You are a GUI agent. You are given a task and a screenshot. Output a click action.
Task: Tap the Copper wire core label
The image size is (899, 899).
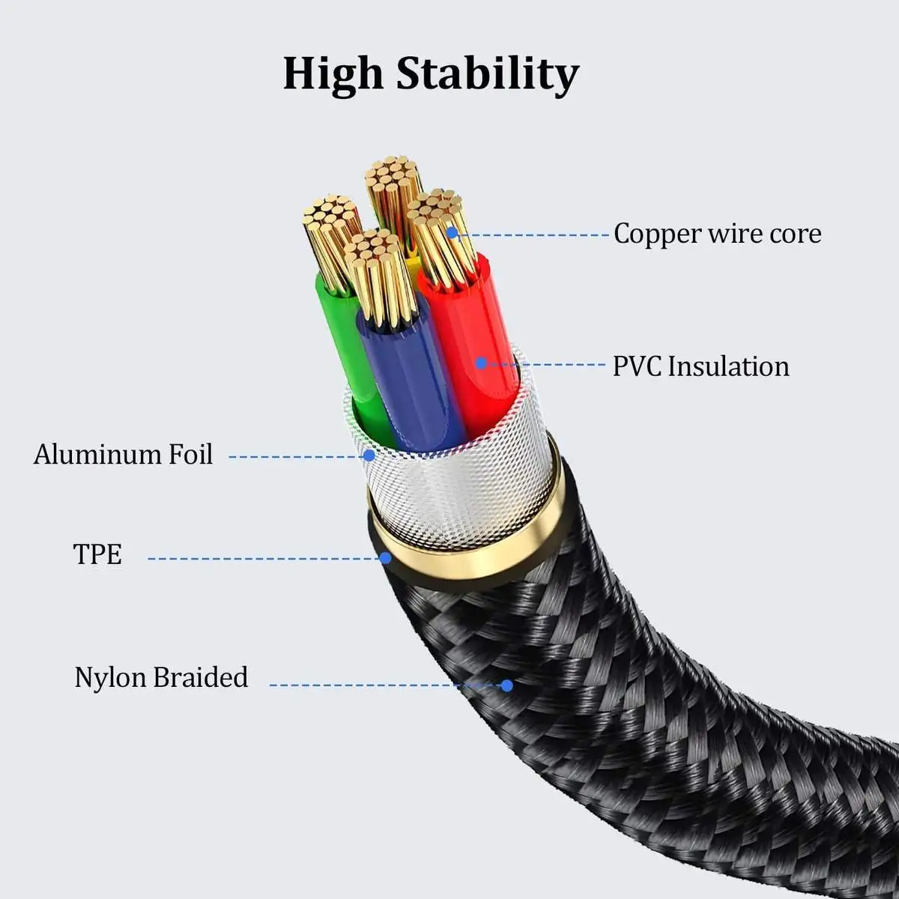[717, 234]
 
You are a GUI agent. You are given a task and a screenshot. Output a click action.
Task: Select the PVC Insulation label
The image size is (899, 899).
[700, 366]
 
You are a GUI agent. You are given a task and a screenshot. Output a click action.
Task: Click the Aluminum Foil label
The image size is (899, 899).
[123, 455]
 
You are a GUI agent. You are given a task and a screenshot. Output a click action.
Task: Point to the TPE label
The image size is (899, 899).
[97, 554]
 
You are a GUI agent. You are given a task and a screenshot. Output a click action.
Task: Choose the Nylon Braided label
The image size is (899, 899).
[161, 677]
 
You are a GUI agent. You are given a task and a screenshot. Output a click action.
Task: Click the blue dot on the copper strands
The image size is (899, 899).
[452, 233]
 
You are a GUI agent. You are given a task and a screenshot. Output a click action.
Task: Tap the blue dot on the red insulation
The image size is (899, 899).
[481, 363]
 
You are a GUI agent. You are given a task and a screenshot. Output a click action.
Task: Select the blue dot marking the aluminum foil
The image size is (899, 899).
[368, 455]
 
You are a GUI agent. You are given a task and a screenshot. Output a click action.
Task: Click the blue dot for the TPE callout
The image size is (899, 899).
[385, 557]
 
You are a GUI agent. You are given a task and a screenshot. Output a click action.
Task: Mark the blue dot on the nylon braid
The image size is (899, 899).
[506, 685]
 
